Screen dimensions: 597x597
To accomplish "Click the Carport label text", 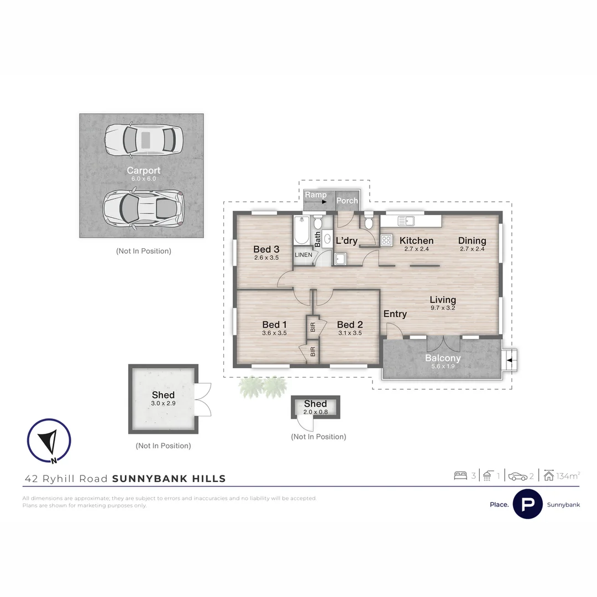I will tap(143, 170).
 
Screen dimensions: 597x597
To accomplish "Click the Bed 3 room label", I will tap(266, 249).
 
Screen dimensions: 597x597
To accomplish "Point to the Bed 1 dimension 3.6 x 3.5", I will tap(274, 333).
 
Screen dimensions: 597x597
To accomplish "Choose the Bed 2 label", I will tap(349, 324).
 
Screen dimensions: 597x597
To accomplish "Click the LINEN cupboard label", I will tap(303, 255).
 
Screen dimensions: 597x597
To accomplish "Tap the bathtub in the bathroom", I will tap(302, 231).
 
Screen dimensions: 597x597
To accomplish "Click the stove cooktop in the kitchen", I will tap(386, 240).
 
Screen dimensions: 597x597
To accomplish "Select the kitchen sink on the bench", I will tap(406, 221).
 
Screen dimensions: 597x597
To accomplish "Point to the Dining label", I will tap(472, 240).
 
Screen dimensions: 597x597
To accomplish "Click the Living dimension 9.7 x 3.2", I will tap(443, 308).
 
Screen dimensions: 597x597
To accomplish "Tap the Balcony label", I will tap(443, 358).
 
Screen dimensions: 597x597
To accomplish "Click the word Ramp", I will tap(316, 195).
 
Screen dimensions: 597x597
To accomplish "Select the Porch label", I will tap(347, 201).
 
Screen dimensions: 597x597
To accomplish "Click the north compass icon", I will tap(49, 441).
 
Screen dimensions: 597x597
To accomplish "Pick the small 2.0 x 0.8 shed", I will tap(315, 406).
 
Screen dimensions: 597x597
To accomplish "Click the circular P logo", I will tap(527, 504).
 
